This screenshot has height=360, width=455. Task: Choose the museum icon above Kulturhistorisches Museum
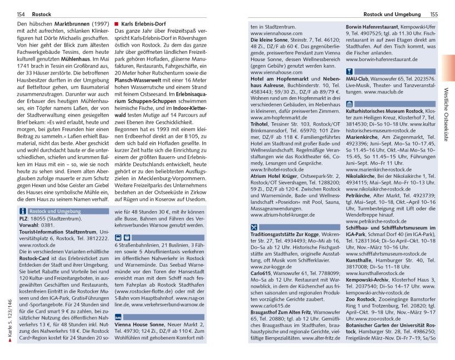(349, 103)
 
